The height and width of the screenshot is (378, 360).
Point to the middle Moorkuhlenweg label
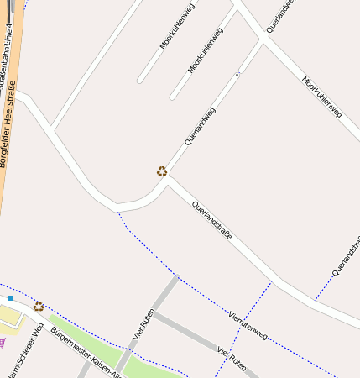[206, 50]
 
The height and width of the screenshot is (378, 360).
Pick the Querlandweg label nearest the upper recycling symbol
[200, 129]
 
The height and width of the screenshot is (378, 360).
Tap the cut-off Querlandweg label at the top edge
[279, 16]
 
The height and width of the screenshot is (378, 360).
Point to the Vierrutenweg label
[248, 324]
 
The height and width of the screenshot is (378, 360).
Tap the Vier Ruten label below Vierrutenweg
[232, 360]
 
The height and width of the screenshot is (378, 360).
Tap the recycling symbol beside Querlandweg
[162, 171]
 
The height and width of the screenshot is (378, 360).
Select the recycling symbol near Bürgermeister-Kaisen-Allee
[39, 307]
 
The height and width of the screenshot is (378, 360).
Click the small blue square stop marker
[10, 298]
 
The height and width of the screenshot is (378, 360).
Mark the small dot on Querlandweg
[237, 75]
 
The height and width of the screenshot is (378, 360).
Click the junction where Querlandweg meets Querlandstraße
[169, 178]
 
